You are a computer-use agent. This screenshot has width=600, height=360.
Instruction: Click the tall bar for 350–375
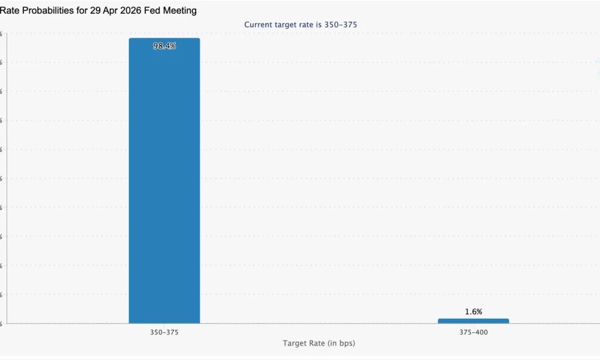(164, 180)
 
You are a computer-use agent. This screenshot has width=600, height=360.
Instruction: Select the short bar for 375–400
(473, 321)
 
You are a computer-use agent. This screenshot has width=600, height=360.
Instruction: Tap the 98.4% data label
(164, 46)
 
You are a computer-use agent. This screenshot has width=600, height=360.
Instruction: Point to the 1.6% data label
(473, 312)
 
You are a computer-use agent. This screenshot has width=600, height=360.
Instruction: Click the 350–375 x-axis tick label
(164, 332)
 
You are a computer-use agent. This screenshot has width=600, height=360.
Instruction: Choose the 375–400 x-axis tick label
(473, 332)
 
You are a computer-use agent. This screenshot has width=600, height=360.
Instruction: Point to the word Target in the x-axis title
(295, 343)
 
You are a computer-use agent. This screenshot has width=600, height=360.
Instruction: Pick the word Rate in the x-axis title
(318, 343)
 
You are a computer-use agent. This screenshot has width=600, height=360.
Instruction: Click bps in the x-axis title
(349, 343)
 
